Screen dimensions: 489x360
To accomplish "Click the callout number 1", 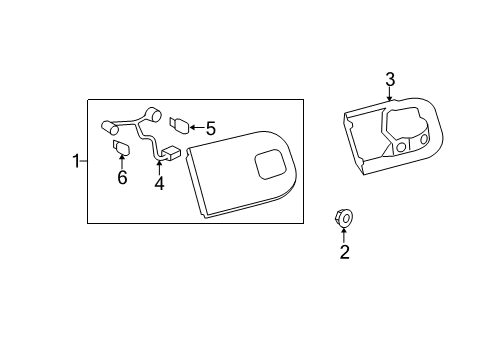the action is coord(76,161).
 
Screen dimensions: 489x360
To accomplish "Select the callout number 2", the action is coord(345,252).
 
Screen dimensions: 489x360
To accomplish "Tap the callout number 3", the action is coord(390,80).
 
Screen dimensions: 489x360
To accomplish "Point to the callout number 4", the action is coord(159,184).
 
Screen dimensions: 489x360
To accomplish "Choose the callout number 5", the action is coord(211,128).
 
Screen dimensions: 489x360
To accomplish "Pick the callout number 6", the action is coord(122,177).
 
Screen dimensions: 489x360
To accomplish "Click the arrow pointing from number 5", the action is coord(197,127).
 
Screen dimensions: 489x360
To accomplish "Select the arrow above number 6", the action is coord(122,162).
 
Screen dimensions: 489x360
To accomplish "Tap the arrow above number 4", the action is coord(159,168).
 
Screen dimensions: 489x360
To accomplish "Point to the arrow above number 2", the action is coord(344,235).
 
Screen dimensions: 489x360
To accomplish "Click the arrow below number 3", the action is coord(389,94).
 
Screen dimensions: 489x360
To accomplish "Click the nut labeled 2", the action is coord(344,218).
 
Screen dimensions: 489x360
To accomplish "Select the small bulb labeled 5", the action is coord(179,125).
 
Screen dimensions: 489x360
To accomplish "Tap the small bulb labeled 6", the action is coord(121,148).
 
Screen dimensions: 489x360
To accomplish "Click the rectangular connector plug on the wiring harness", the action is coord(171,152).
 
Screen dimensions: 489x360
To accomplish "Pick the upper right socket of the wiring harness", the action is coord(154,114).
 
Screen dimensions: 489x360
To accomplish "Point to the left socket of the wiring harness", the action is coord(109,128).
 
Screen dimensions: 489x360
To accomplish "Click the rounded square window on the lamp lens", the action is coord(270,165).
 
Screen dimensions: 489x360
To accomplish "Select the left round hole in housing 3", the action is coord(402,146).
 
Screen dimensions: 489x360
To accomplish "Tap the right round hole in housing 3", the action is coord(424,139).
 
